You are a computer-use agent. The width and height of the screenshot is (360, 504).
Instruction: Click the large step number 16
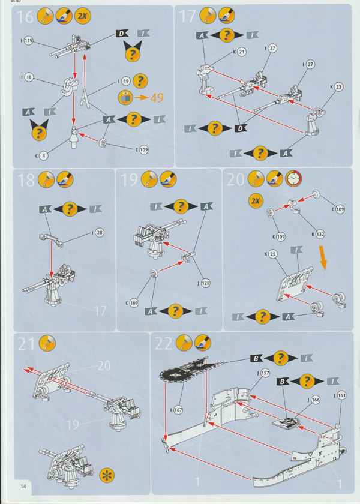(25, 17)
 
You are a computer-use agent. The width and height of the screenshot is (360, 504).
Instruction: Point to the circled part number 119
(28, 41)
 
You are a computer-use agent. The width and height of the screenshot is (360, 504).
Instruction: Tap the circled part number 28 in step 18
(100, 232)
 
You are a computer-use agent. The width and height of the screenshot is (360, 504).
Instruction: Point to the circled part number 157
(266, 373)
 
